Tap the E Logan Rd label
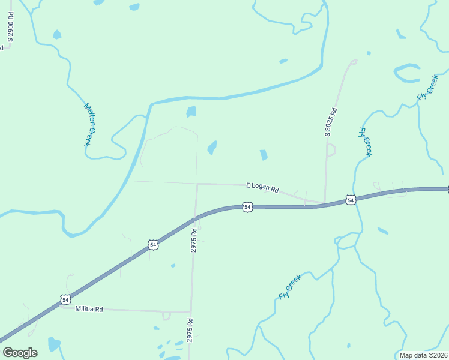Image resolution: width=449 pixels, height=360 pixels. click(262, 187)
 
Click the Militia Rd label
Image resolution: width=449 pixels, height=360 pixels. click(89, 309)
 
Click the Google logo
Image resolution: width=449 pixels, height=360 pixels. click(20, 352)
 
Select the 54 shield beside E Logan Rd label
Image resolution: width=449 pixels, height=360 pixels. click(247, 207)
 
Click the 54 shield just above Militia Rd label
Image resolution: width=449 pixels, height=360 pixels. click(65, 299)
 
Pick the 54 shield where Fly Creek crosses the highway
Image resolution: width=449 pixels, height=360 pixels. click(350, 199)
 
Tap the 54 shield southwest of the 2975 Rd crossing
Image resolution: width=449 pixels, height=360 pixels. click(153, 245)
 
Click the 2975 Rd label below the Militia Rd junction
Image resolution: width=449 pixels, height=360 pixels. click(190, 334)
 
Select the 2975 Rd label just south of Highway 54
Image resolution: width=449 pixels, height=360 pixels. click(194, 239)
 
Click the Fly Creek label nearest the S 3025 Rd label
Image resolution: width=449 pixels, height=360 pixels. click(365, 142)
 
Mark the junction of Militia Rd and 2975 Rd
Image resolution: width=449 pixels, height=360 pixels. click(190, 311)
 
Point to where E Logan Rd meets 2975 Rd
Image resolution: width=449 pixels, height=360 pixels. click(197, 184)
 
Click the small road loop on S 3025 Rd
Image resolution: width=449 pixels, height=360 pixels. click(331, 149)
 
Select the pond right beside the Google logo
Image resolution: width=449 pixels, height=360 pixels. click(54, 344)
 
